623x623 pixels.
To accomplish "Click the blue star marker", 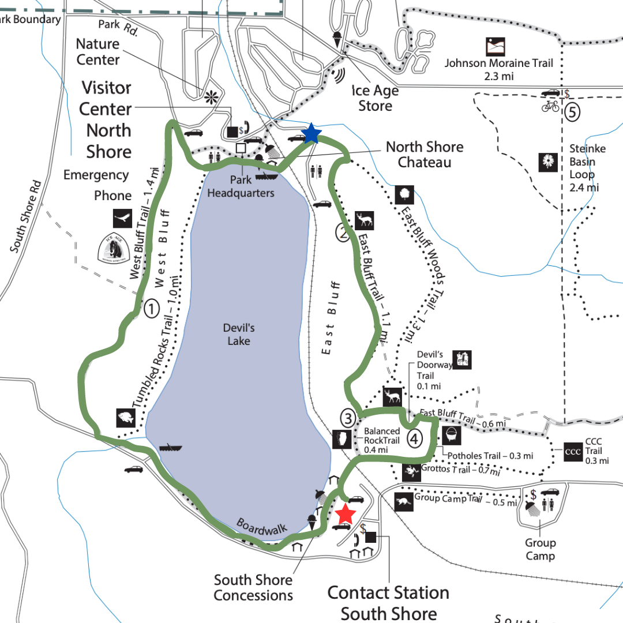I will (x=311, y=133).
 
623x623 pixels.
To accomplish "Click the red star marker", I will (x=346, y=512).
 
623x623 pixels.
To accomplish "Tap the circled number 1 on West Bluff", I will (x=151, y=309).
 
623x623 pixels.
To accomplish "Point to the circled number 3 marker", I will (x=347, y=416).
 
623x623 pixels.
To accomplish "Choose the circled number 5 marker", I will (x=571, y=112).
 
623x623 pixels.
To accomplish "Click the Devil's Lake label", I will (x=239, y=335).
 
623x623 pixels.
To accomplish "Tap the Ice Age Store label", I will (x=375, y=98).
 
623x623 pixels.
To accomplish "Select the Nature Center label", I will (x=98, y=51).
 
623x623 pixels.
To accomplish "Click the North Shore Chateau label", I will (x=425, y=155).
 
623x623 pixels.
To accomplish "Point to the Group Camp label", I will (x=540, y=549).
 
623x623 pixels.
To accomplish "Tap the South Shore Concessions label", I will (x=253, y=587).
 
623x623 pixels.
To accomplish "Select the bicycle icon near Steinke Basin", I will (x=551, y=106).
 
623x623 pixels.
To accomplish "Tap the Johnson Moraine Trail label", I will (x=498, y=69).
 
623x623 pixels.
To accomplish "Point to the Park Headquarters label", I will (x=241, y=186).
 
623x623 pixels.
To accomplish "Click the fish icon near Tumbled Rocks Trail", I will (x=125, y=416).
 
